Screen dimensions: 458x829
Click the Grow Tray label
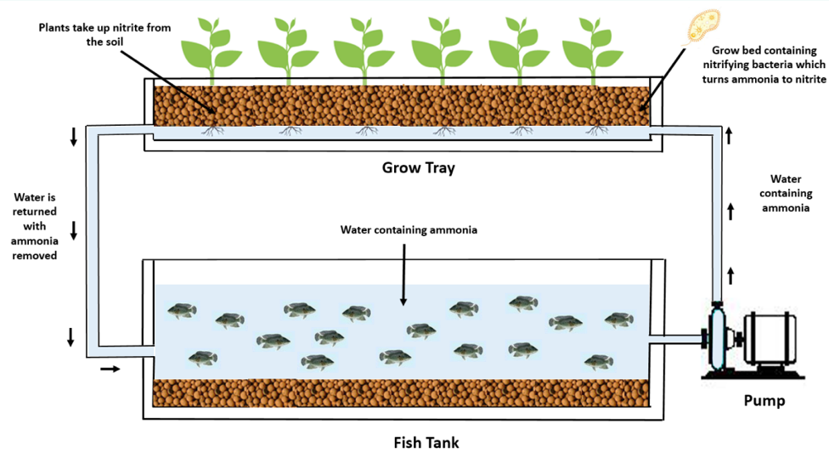point(418,167)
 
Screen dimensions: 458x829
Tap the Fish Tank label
point(426,442)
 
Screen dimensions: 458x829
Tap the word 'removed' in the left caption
point(35,255)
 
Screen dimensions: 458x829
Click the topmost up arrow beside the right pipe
point(728,134)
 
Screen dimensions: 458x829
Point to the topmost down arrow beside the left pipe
point(74,136)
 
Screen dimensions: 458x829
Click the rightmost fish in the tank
point(618,320)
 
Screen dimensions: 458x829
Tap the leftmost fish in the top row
point(181,310)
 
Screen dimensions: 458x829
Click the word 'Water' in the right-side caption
point(786,179)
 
